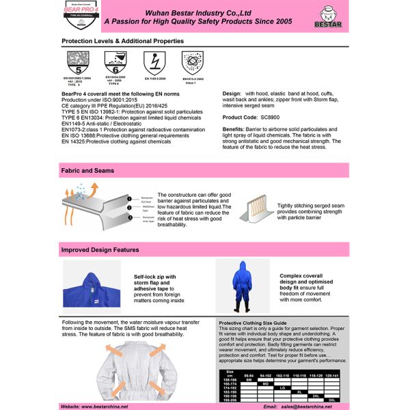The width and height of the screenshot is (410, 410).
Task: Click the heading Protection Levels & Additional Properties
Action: pos(122,41)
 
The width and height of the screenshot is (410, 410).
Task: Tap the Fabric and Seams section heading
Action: pos(88,170)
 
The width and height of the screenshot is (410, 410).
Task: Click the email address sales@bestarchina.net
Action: pos(307,406)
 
